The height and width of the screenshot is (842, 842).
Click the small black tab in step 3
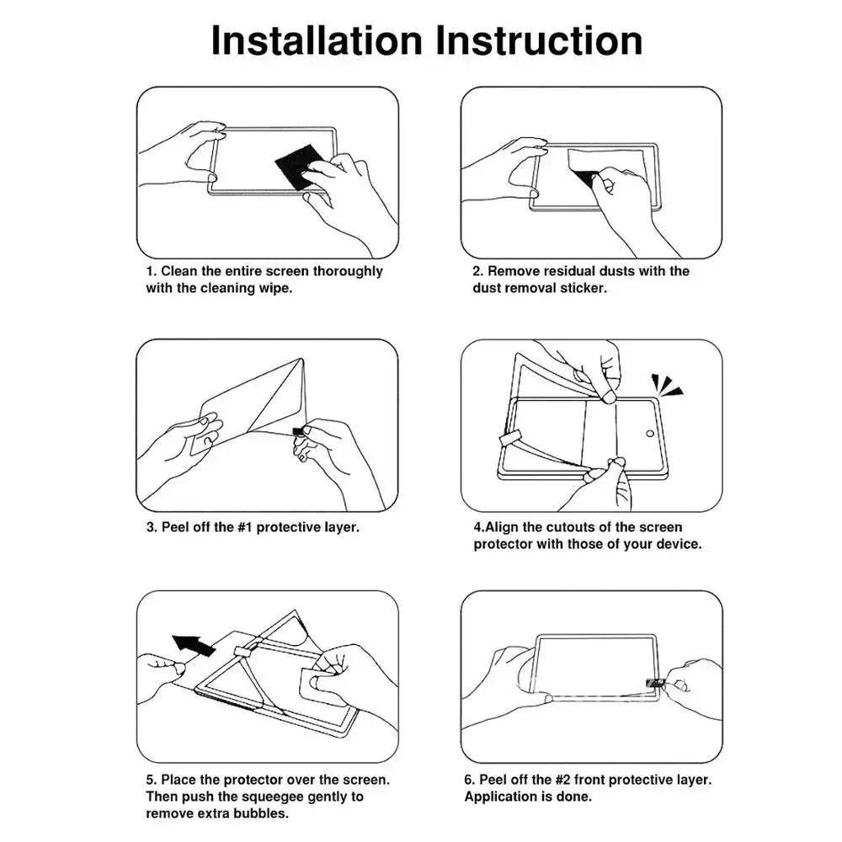[x=297, y=432]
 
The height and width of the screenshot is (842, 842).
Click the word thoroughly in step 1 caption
[x=348, y=271]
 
